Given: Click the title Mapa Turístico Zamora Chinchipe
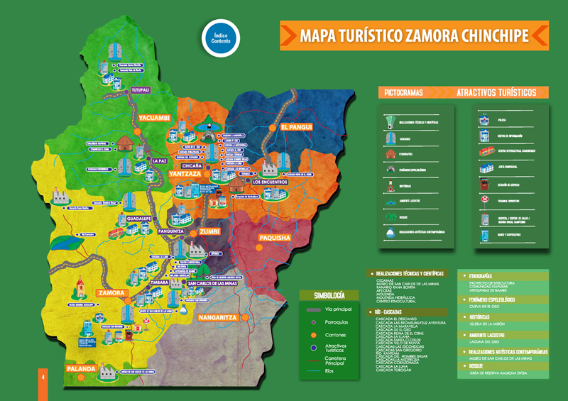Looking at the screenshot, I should pos(413,35).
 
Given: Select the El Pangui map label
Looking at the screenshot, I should pos(296,127).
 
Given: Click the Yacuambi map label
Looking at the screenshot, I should pos(154,118).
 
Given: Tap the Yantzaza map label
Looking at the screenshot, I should pos(185,174).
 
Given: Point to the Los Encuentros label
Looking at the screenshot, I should pos(269,182).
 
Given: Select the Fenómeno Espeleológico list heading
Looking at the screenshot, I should pos(497,300).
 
